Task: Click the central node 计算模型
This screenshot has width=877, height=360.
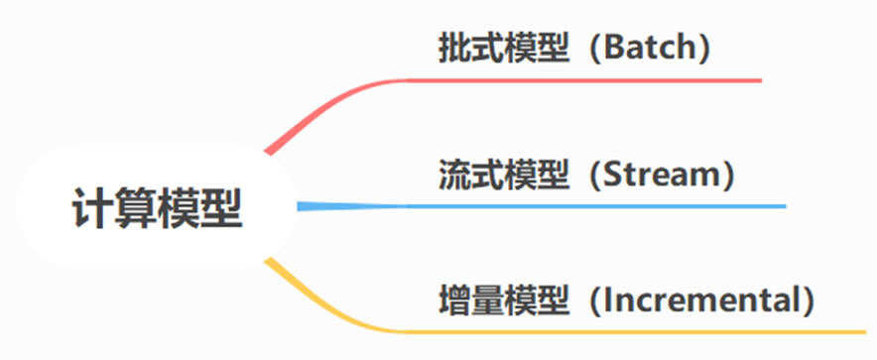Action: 157,208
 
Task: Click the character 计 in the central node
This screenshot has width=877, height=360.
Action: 92,208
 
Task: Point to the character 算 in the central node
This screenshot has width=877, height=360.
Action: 135,208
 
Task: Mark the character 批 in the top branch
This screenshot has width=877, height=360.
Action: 454,50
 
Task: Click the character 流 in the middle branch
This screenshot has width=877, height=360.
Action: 454,176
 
